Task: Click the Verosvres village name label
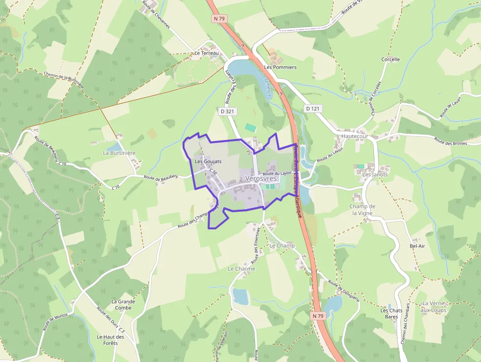261,179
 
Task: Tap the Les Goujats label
208,161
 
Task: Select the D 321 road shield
227,111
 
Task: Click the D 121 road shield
312,108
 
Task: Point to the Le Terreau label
206,53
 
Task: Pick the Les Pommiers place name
280,67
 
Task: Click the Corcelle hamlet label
391,59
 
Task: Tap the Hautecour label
355,136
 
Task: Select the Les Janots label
375,174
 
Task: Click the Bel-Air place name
417,246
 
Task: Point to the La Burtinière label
119,153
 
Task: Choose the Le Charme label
241,269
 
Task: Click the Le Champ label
282,246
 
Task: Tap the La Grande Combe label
123,305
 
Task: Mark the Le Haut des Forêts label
110,340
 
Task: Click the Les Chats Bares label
391,313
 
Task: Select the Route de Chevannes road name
156,15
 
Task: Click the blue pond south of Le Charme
240,296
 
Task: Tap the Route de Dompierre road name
344,291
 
